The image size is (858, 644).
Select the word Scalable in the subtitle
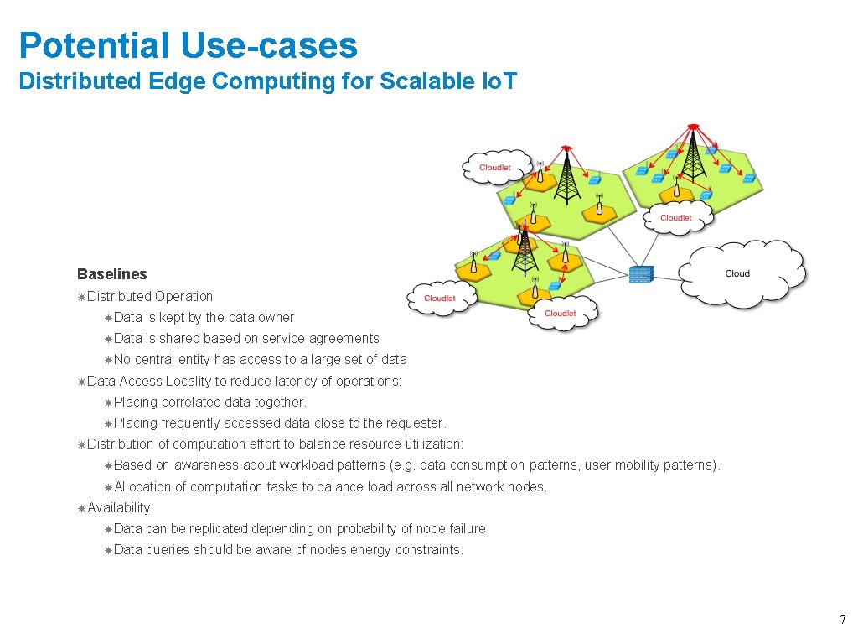click(417, 81)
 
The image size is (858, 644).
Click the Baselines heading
click(111, 274)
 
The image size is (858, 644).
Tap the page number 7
click(843, 621)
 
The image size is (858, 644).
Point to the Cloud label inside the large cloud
click(737, 273)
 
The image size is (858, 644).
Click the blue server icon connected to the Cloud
click(641, 273)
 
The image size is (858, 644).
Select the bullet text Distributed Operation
click(150, 296)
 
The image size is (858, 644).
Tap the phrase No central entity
click(161, 360)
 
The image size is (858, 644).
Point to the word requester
click(416, 423)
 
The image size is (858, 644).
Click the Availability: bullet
click(120, 507)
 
